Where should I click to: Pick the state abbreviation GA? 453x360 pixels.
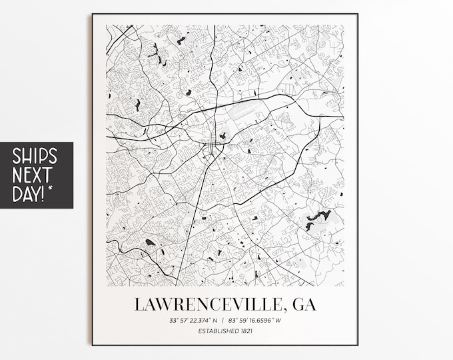(x=304, y=304)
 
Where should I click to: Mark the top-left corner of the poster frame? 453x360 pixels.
(x=93, y=14)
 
